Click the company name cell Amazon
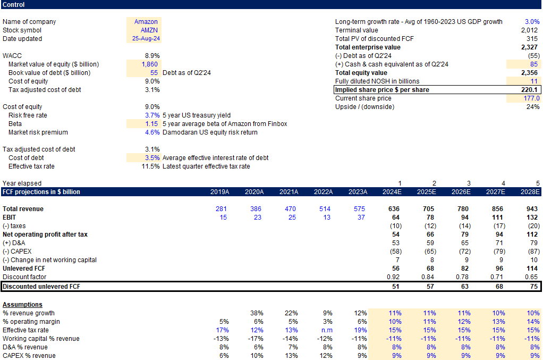click(x=146, y=22)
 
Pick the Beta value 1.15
click(x=151, y=124)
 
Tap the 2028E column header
click(x=530, y=192)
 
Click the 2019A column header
click(x=220, y=192)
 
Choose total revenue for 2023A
click(x=360, y=209)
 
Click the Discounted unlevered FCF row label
click(x=42, y=287)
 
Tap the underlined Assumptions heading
click(x=22, y=305)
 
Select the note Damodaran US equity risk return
click(x=210, y=132)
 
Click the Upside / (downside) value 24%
click(x=533, y=107)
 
